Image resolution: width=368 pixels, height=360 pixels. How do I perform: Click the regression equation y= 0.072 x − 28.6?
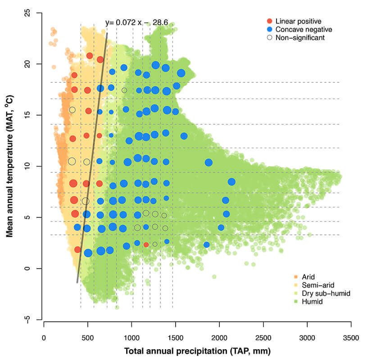[x=143, y=22]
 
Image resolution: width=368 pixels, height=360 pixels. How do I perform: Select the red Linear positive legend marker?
[x=270, y=21]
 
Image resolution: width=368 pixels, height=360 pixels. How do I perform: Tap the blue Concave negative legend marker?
[x=270, y=29]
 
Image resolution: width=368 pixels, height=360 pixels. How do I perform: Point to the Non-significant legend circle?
[x=270, y=38]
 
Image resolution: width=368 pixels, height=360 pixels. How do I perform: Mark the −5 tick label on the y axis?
[x=33, y=319]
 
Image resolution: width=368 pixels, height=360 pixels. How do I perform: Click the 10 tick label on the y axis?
[x=33, y=166]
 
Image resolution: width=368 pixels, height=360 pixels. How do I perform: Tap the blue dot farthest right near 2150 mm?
[x=232, y=182]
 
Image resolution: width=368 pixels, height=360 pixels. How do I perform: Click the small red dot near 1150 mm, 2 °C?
[x=146, y=245]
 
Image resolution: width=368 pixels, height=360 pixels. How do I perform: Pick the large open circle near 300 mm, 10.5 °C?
[x=72, y=161]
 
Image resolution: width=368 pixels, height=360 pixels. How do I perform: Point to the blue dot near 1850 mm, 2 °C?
[x=207, y=245]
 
